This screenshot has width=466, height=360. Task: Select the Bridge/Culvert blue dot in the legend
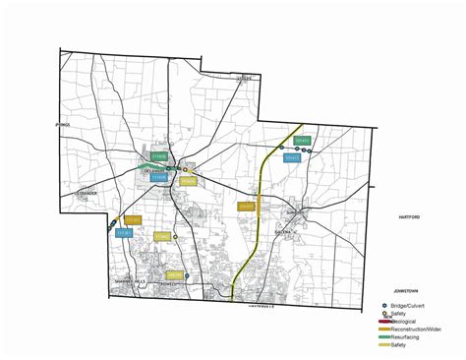(382, 306)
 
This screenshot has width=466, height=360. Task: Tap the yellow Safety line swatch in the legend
(382, 344)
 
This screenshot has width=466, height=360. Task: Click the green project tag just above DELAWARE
(159, 156)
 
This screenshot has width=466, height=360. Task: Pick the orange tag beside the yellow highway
(246, 207)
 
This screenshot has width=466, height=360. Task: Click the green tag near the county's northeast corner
(303, 142)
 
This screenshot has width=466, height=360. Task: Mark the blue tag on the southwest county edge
(124, 233)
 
